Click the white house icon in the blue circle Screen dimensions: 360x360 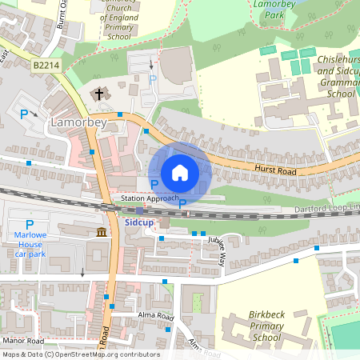click(180, 172)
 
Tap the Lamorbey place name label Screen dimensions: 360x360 click(78, 123)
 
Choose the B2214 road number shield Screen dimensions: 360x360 click(47, 63)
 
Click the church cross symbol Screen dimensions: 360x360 click(100, 94)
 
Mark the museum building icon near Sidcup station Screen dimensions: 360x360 click(102, 232)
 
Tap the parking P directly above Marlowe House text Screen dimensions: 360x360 click(30, 224)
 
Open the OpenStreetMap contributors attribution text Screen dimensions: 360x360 click(80, 354)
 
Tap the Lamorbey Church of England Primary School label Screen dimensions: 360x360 click(118, 21)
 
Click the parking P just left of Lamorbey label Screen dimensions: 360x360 click(23, 115)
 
